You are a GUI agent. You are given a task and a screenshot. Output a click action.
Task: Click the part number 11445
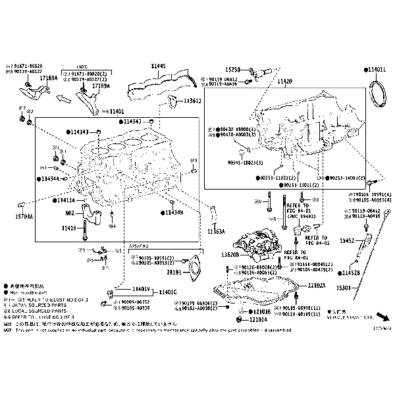(158, 66)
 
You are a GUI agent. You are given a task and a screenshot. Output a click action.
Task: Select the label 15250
(234, 68)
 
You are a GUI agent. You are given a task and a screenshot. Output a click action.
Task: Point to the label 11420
(284, 81)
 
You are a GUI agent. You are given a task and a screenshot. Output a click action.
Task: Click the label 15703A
(24, 215)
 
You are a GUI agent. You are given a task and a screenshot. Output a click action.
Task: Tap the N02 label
(70, 213)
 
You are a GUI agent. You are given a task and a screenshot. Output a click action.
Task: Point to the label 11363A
(216, 232)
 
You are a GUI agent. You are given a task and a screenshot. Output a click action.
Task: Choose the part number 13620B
(229, 254)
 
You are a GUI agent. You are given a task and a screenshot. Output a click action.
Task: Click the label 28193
(174, 271)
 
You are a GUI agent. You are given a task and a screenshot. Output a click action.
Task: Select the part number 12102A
(317, 285)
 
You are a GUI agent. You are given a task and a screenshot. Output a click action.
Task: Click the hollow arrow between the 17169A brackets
(64, 100)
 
